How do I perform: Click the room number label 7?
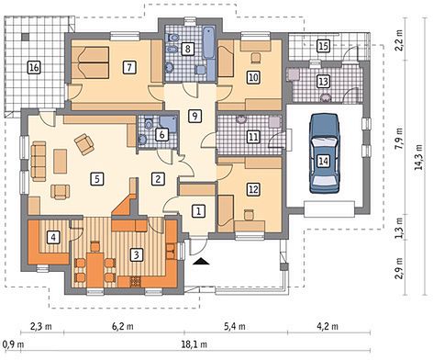pyautogui.click(x=129, y=67)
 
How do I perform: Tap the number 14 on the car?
pyautogui.click(x=324, y=161)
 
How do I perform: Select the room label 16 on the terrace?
pyautogui.click(x=34, y=67)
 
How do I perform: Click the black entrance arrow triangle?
pyautogui.click(x=201, y=261)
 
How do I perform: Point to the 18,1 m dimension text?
pyautogui.click(x=194, y=344)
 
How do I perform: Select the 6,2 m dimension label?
pyautogui.click(x=123, y=326)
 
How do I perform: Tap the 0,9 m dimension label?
pyautogui.click(x=13, y=344)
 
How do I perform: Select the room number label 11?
pyautogui.click(x=253, y=137)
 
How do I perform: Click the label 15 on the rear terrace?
pyautogui.click(x=324, y=46)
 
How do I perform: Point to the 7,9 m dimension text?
pyautogui.click(x=399, y=139)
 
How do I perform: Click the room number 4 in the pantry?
pyautogui.click(x=53, y=237)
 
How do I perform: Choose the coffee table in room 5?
pyautogui.click(x=61, y=161)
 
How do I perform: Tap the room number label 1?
pyautogui.click(x=198, y=211)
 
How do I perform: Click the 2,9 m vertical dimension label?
pyautogui.click(x=399, y=268)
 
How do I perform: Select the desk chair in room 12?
pyautogui.click(x=250, y=214)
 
